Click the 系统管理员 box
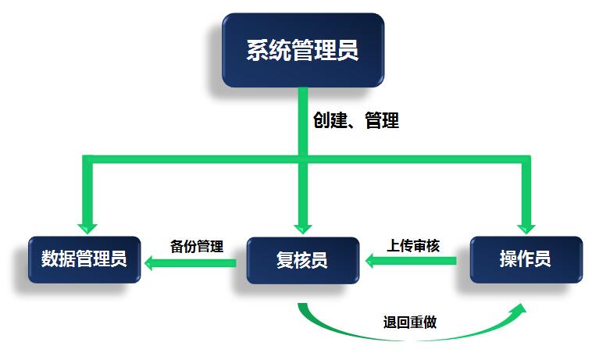302,50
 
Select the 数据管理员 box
84,259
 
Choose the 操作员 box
525,259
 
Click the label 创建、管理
355,121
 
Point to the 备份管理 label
197,247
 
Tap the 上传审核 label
413,246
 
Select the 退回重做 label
410,322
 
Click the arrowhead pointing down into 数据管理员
87,226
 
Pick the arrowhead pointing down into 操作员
526,226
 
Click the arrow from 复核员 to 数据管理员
191,264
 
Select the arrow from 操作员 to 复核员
411,263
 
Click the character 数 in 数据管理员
52,259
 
